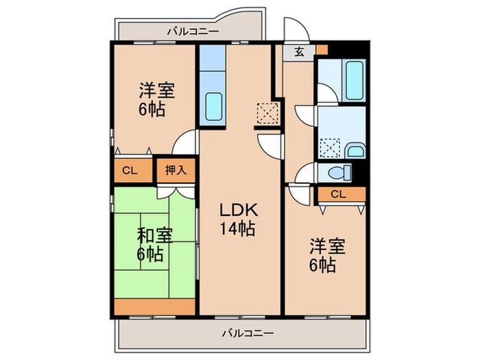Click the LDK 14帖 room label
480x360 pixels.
pyautogui.click(x=238, y=219)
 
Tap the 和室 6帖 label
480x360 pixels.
pyautogui.click(x=154, y=245)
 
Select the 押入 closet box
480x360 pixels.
pyautogui.click(x=176, y=171)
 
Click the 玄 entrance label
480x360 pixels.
pyautogui.click(x=300, y=52)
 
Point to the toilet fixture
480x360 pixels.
pyautogui.click(x=339, y=172)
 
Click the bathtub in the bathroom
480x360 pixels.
pyautogui.click(x=355, y=80)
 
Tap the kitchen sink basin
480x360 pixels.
pyautogui.click(x=214, y=106)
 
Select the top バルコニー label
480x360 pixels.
pyautogui.click(x=193, y=32)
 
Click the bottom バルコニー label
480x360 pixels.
pyautogui.click(x=248, y=333)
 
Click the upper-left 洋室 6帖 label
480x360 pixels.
pyautogui.click(x=157, y=99)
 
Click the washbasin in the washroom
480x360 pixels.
pyautogui.click(x=355, y=152)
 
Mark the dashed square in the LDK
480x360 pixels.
pyautogui.click(x=267, y=114)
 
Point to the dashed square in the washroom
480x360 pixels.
pyautogui.click(x=330, y=148)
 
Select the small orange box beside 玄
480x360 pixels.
pyautogui.click(x=322, y=49)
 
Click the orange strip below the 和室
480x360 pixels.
pyautogui.click(x=154, y=307)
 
